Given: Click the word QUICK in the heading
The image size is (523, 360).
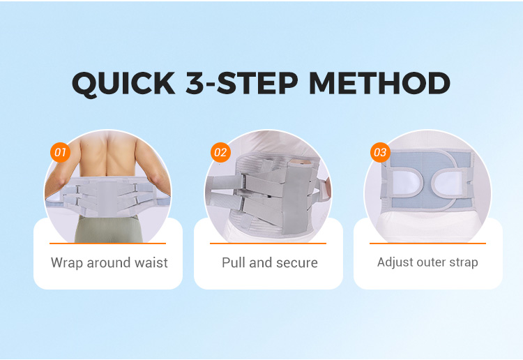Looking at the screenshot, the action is pyautogui.click(x=123, y=84).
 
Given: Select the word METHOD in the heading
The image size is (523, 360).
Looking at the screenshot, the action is pyautogui.click(x=379, y=83).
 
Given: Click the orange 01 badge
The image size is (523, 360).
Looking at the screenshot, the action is pyautogui.click(x=61, y=153).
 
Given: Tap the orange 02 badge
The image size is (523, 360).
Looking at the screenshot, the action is pyautogui.click(x=220, y=153).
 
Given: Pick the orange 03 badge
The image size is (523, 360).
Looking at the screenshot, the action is pyautogui.click(x=380, y=153).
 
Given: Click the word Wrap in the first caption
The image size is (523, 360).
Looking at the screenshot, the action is pyautogui.click(x=67, y=263).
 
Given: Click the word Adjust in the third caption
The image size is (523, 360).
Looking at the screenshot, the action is pyautogui.click(x=393, y=262).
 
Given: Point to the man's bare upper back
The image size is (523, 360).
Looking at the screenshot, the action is pyautogui.click(x=107, y=153).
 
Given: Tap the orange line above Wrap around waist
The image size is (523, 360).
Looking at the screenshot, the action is pyautogui.click(x=107, y=243).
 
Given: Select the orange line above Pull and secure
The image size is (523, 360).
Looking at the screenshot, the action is pyautogui.click(x=268, y=243).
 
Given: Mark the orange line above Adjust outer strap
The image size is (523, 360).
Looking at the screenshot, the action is pyautogui.click(x=427, y=243).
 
